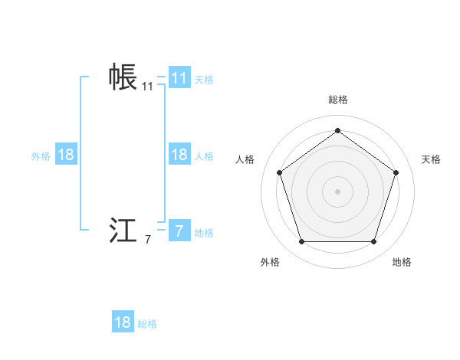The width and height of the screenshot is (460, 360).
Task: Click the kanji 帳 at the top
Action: point(123,77)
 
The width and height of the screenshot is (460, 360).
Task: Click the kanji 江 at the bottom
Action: point(123,231)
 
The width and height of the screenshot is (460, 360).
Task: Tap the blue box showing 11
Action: point(179,78)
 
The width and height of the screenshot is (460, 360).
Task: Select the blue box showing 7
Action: point(179,231)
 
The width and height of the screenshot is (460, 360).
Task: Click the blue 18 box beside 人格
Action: point(179,155)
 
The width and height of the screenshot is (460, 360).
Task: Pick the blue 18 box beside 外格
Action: point(66,155)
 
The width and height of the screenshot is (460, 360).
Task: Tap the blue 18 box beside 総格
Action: point(123,322)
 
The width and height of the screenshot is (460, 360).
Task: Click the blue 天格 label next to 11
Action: point(204,80)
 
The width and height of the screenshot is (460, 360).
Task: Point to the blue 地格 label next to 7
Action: point(204,233)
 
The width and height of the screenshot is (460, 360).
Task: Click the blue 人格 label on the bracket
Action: point(204,156)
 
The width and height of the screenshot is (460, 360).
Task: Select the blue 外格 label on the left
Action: point(41,156)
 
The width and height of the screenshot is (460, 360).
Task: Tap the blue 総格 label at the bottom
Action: point(147,325)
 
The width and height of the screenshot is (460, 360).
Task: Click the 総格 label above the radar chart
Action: point(337,100)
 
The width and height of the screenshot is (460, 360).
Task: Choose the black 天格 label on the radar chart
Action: point(432,159)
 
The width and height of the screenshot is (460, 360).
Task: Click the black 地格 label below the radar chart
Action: point(402,262)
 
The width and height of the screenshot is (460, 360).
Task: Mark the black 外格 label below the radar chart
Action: point(270,262)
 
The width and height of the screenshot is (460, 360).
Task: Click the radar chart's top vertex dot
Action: point(337,130)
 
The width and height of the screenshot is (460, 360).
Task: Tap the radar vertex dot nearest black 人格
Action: point(280,172)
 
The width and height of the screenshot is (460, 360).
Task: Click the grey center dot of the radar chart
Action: point(337,191)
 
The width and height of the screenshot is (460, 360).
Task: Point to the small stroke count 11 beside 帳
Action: point(147,87)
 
